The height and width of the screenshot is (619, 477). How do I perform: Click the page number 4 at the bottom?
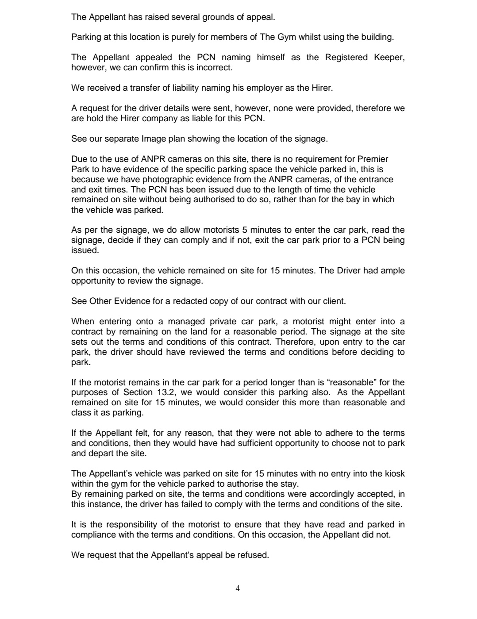[238, 588]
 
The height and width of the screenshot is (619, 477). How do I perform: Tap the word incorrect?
[215, 68]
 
